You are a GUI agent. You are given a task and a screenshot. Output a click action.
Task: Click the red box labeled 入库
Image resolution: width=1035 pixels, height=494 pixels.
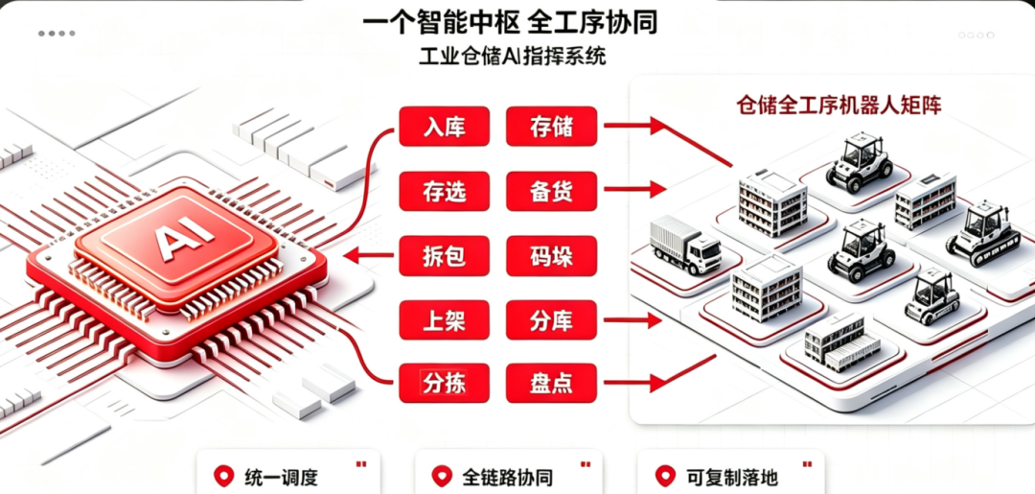point(445,127)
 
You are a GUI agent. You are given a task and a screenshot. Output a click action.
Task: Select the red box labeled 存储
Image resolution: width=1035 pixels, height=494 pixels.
point(551,127)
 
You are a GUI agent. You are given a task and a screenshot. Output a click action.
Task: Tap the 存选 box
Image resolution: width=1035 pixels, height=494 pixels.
point(445,191)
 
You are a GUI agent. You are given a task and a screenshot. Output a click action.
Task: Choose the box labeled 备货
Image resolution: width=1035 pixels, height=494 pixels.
point(551,191)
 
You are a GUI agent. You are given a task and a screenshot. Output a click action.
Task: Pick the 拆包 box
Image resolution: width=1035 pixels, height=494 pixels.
point(445,255)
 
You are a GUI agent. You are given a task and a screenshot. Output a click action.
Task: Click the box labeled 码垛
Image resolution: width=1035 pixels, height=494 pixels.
point(551,255)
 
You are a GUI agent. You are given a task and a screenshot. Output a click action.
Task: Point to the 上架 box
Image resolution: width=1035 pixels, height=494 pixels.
point(445,320)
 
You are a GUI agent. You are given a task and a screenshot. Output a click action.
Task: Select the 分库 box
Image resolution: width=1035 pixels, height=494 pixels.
point(551,320)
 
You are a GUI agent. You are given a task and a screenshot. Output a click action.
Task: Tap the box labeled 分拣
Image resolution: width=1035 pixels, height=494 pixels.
point(445,383)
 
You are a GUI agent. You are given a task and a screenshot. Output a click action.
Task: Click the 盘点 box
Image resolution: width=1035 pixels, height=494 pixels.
point(551,383)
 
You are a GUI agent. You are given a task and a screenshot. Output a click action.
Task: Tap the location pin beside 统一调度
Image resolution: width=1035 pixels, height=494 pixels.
point(224,476)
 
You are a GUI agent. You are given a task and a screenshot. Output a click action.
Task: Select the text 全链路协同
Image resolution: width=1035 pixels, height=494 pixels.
point(508,477)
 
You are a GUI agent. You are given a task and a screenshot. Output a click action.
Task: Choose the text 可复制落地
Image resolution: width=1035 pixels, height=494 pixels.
point(732,477)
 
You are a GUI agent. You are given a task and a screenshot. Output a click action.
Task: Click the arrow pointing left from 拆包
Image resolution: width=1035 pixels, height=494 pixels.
point(370,255)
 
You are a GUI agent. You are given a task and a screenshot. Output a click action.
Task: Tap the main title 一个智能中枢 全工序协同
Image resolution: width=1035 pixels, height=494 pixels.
point(510,21)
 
